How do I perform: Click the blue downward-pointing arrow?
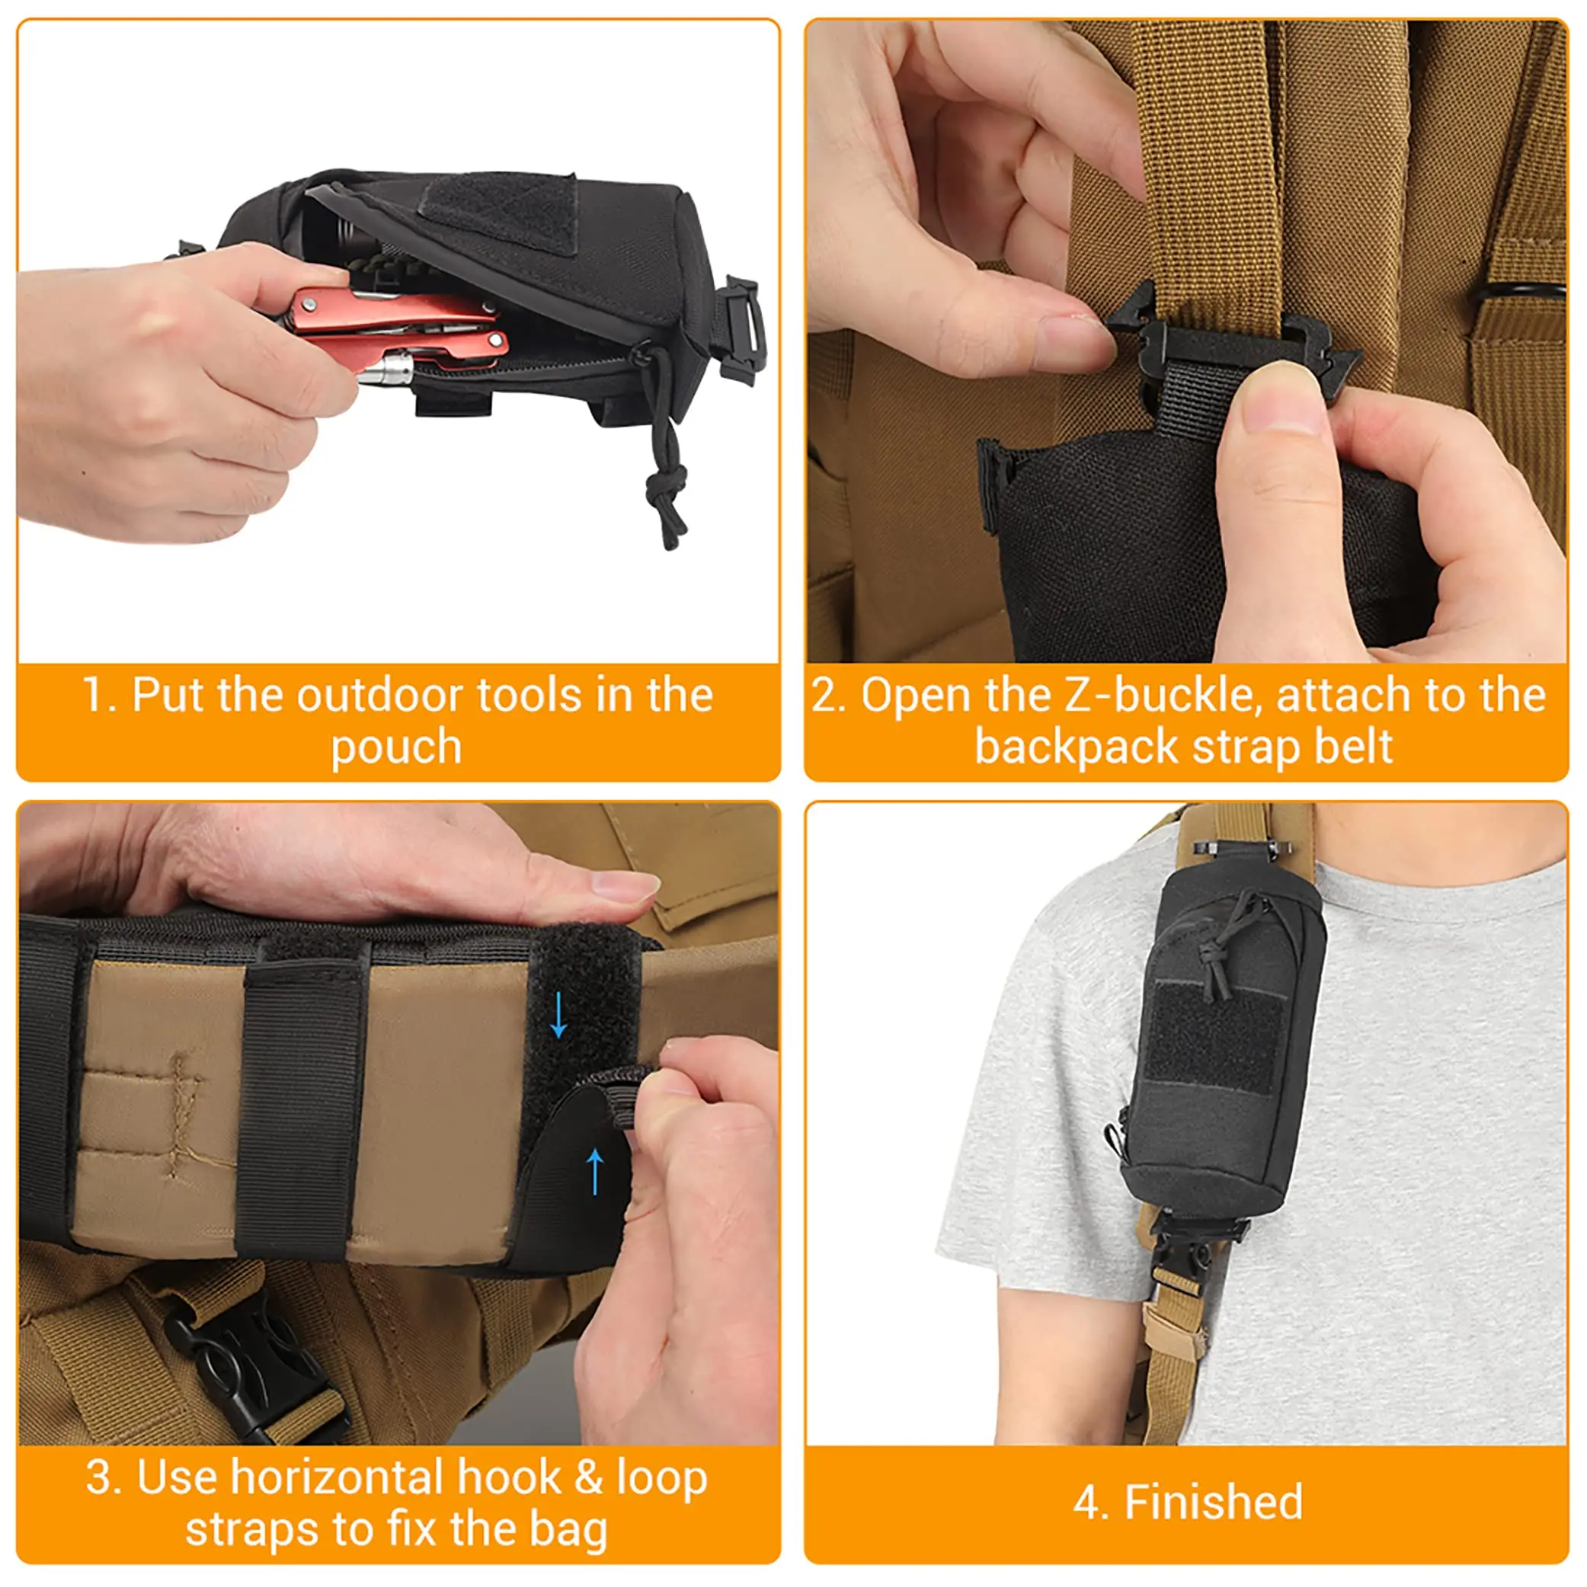(558, 1016)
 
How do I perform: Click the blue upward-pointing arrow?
(596, 1171)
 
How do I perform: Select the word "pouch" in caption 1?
(397, 747)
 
